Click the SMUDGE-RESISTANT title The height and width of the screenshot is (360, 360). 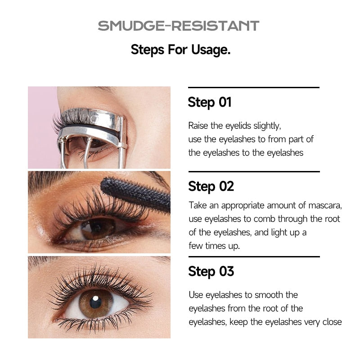tap(179, 26)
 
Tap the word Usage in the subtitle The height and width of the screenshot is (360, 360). tap(211, 49)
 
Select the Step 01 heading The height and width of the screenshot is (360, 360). tap(210, 102)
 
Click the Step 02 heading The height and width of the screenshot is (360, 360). tap(211, 186)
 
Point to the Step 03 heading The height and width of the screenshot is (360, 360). tap(211, 271)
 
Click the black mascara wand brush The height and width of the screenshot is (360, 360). tap(135, 192)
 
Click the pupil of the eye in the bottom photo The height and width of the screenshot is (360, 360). tap(95, 302)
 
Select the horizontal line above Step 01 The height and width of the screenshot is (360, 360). tap(254, 87)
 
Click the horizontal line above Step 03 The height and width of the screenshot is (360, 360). tap(254, 256)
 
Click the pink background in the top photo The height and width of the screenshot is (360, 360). tap(41, 138)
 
